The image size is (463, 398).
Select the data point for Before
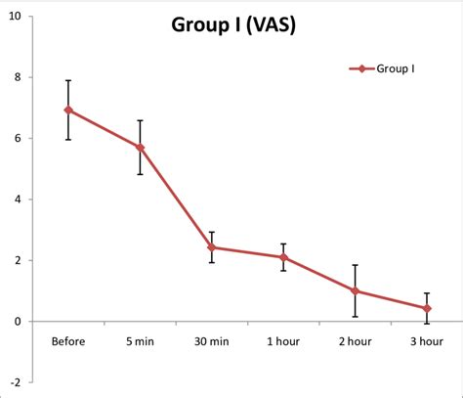tap(68, 111)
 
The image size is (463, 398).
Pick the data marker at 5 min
tap(141, 148)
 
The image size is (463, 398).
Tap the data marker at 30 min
tap(212, 247)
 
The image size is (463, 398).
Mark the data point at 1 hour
tap(283, 257)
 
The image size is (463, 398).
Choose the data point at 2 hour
tap(356, 290)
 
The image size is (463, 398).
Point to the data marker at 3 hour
tap(427, 308)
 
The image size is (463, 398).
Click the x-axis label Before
tap(68, 341)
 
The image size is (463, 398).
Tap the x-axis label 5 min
tap(141, 341)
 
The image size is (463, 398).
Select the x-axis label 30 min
tap(212, 341)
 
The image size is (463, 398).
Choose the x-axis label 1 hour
tap(283, 341)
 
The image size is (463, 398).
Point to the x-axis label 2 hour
tap(356, 341)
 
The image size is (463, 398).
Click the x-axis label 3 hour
tap(427, 341)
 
